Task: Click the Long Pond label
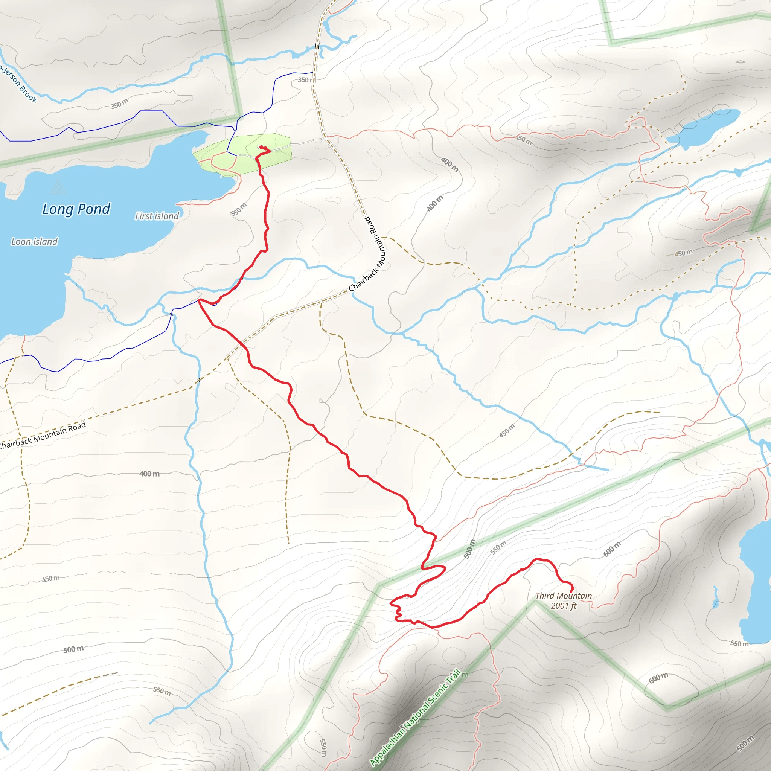pos(76,209)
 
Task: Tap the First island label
pos(157,216)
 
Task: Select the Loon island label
pos(34,241)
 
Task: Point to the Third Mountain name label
pos(564,596)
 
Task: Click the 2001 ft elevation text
pos(564,606)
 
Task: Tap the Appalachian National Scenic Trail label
pos(415,717)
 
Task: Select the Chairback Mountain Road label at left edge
pos(42,434)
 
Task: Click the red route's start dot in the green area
pos(261,147)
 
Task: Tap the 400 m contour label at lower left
pos(149,474)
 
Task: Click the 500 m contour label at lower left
pos(73,649)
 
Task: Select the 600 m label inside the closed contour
pos(658,678)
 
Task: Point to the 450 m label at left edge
pos(51,579)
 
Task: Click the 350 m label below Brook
pos(119,104)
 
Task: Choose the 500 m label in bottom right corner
pos(745,743)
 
